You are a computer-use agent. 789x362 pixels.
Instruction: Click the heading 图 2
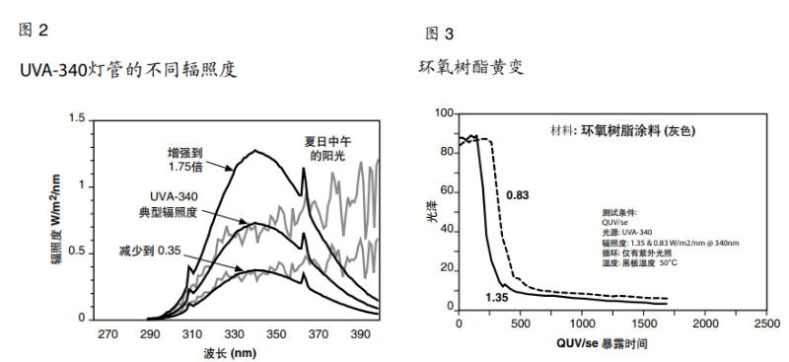point(34,30)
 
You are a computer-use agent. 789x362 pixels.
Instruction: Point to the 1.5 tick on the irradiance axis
point(76,119)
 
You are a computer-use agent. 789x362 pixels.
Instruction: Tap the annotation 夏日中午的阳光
point(325,149)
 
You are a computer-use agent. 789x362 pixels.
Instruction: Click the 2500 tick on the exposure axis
point(764,323)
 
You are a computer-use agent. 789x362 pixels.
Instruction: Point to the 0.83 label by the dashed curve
point(519,195)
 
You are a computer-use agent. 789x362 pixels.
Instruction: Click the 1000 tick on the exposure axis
point(581,323)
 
